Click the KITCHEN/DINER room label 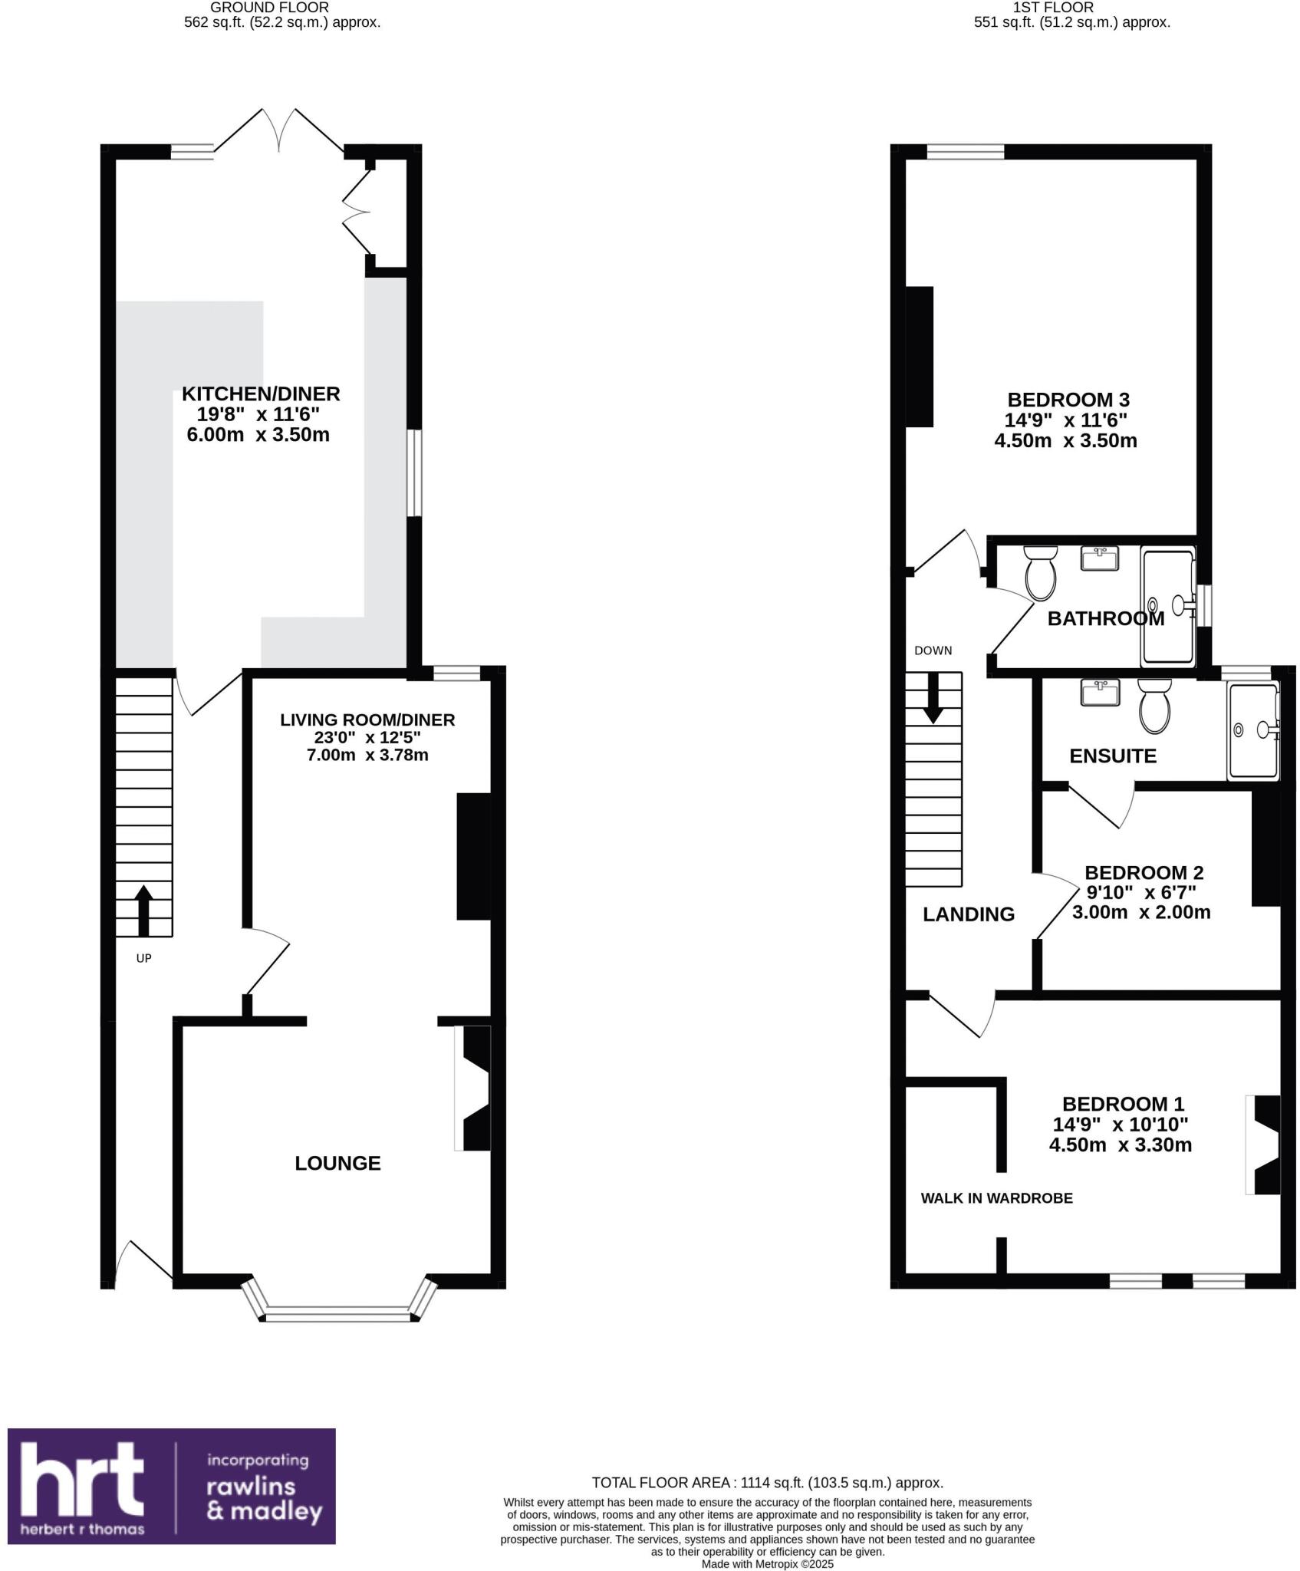261,394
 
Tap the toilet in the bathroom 1041,572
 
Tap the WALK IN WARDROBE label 996,1198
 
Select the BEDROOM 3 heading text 1068,400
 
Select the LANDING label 968,914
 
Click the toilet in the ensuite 1154,706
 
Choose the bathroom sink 1100,558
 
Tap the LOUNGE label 337,1164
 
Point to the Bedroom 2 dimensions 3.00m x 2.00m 1140,913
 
